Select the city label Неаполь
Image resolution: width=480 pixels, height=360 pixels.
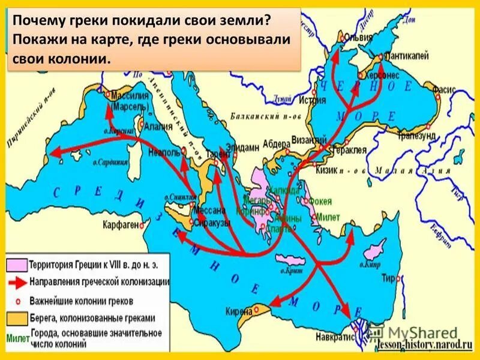pos(168,152)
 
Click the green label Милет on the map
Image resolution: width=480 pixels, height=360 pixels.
pos(328,217)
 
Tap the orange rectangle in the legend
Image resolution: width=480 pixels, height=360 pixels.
pos(16,318)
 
